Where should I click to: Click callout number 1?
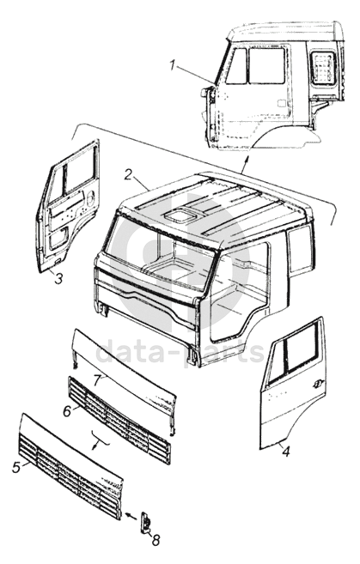173,66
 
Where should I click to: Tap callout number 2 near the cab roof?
128,174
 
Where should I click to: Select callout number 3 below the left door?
58,277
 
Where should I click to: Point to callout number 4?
285,452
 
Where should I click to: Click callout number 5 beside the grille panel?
15,468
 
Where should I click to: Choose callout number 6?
67,411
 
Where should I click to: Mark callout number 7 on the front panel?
97,380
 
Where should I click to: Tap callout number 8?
156,540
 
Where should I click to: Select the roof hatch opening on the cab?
179,215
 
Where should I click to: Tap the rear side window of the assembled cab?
323,68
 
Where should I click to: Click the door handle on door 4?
317,383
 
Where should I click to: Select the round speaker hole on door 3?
90,197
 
